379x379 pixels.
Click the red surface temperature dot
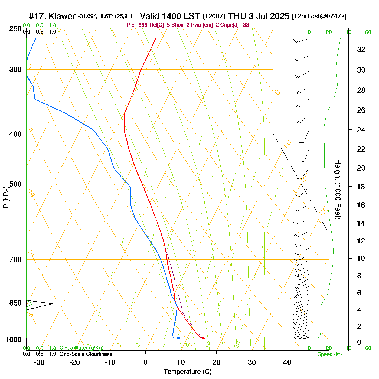tap(203, 338)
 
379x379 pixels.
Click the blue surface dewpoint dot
tap(178, 338)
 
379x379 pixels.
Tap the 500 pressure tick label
tap(15, 184)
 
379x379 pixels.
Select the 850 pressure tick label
tap(15, 303)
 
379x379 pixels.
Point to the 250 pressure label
tap(15, 29)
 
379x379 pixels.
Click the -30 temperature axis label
tap(39, 362)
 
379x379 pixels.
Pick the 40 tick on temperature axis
tap(287, 362)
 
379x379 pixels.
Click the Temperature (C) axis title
tap(187, 372)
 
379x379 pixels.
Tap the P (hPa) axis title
tap(6, 197)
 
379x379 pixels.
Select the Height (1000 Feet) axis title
tap(338, 189)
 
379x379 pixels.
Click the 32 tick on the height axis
tap(361, 49)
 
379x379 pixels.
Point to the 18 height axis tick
tap(361, 187)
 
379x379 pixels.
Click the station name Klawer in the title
tap(62, 16)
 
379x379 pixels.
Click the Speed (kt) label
tap(329, 354)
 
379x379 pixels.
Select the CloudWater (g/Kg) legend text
tap(81, 348)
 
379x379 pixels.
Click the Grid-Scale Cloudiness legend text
tap(86, 354)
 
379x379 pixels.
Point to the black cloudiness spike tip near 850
tap(52, 304)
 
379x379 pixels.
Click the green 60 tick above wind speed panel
tap(368, 32)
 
